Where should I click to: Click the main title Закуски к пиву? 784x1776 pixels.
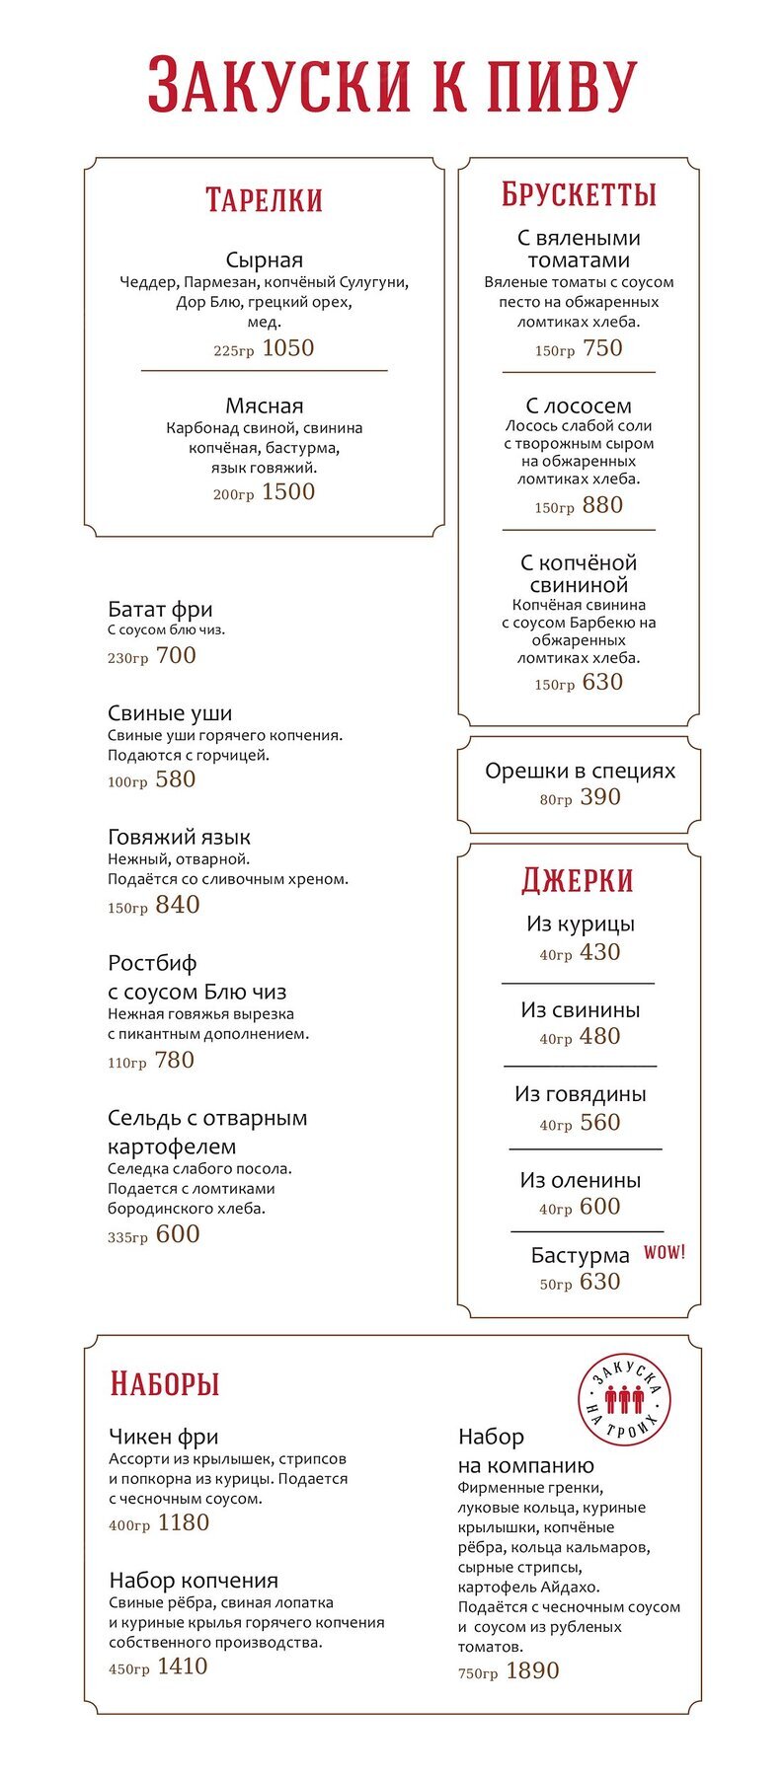point(392,87)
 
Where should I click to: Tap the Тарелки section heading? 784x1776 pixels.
point(264,200)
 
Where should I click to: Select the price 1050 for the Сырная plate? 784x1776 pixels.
point(288,348)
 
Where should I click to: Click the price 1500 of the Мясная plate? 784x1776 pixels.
point(288,492)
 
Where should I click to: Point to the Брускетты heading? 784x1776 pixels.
point(579,195)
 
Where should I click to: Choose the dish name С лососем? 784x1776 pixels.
point(579,406)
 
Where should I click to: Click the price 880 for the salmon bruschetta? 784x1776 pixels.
point(602,505)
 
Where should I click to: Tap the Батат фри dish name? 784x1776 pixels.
point(160,609)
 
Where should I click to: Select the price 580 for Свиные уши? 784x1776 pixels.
point(176,779)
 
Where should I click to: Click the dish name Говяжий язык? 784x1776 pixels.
point(179,837)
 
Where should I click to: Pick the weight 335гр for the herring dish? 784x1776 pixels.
point(127,1237)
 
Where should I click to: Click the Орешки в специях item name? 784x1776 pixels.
point(580,771)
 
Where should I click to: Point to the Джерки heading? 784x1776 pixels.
point(578,880)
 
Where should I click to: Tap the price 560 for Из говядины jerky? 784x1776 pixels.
point(600,1123)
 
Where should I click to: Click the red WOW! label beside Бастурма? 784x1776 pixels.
point(665,1252)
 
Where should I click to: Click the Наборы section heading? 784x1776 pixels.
point(164,1383)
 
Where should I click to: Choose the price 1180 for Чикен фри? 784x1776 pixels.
point(184,1522)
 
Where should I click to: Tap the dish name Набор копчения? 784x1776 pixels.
point(194,1581)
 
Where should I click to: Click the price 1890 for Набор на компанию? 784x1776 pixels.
point(532,1670)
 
